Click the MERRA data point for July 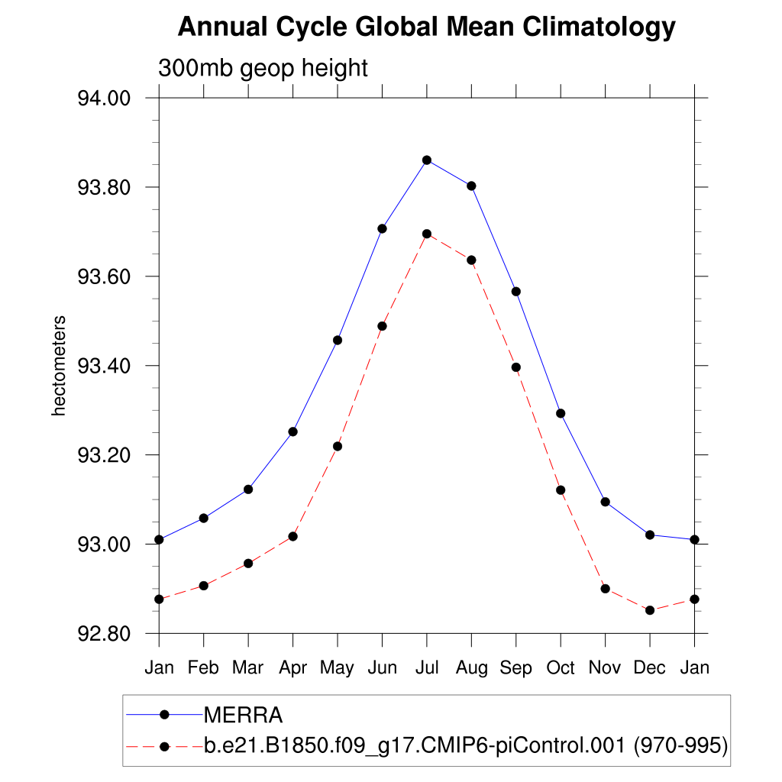[x=427, y=160]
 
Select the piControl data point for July [x=427, y=234]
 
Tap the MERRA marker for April [x=292, y=431]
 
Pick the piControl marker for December [x=650, y=610]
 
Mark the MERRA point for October [x=561, y=413]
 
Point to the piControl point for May [x=338, y=446]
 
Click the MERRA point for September [x=516, y=292]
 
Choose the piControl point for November [x=606, y=589]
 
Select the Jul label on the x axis [x=427, y=667]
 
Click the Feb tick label [x=204, y=667]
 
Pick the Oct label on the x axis [x=561, y=667]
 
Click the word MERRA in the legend [x=244, y=716]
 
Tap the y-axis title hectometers [x=60, y=366]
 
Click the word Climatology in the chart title [x=599, y=27]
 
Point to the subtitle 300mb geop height [x=263, y=68]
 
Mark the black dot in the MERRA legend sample [x=163, y=715]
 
